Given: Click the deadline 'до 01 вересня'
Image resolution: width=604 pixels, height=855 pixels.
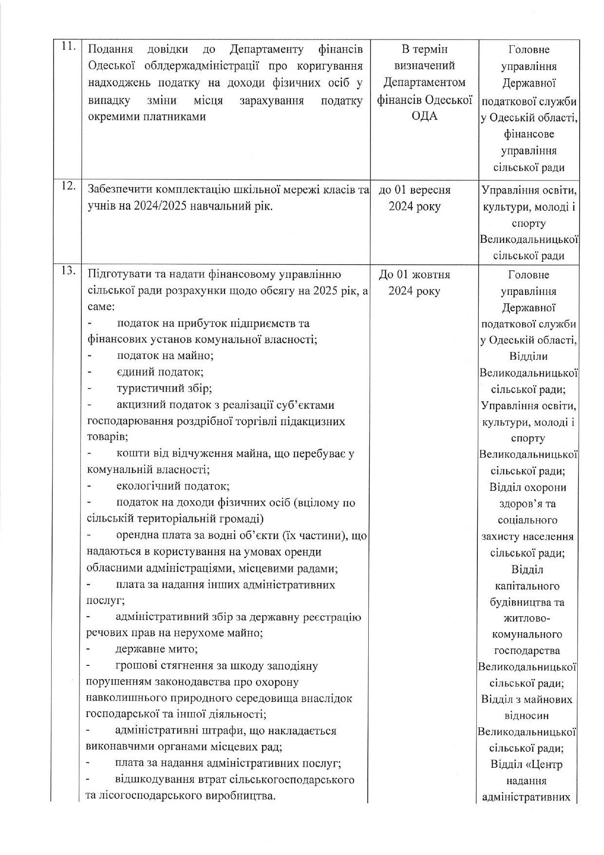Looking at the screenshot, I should tap(415, 190).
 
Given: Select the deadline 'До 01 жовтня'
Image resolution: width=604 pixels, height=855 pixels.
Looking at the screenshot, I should tap(415, 274).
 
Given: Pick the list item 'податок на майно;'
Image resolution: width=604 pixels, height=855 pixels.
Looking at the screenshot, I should tap(165, 355).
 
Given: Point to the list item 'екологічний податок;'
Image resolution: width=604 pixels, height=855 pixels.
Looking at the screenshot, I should tap(173, 486).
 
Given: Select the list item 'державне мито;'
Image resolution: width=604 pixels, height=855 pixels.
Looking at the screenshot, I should tap(156, 649).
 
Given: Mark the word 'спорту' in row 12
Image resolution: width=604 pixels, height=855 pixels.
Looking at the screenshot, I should tap(528, 223).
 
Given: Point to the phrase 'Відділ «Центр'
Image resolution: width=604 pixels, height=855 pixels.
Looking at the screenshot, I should tap(527, 764).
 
